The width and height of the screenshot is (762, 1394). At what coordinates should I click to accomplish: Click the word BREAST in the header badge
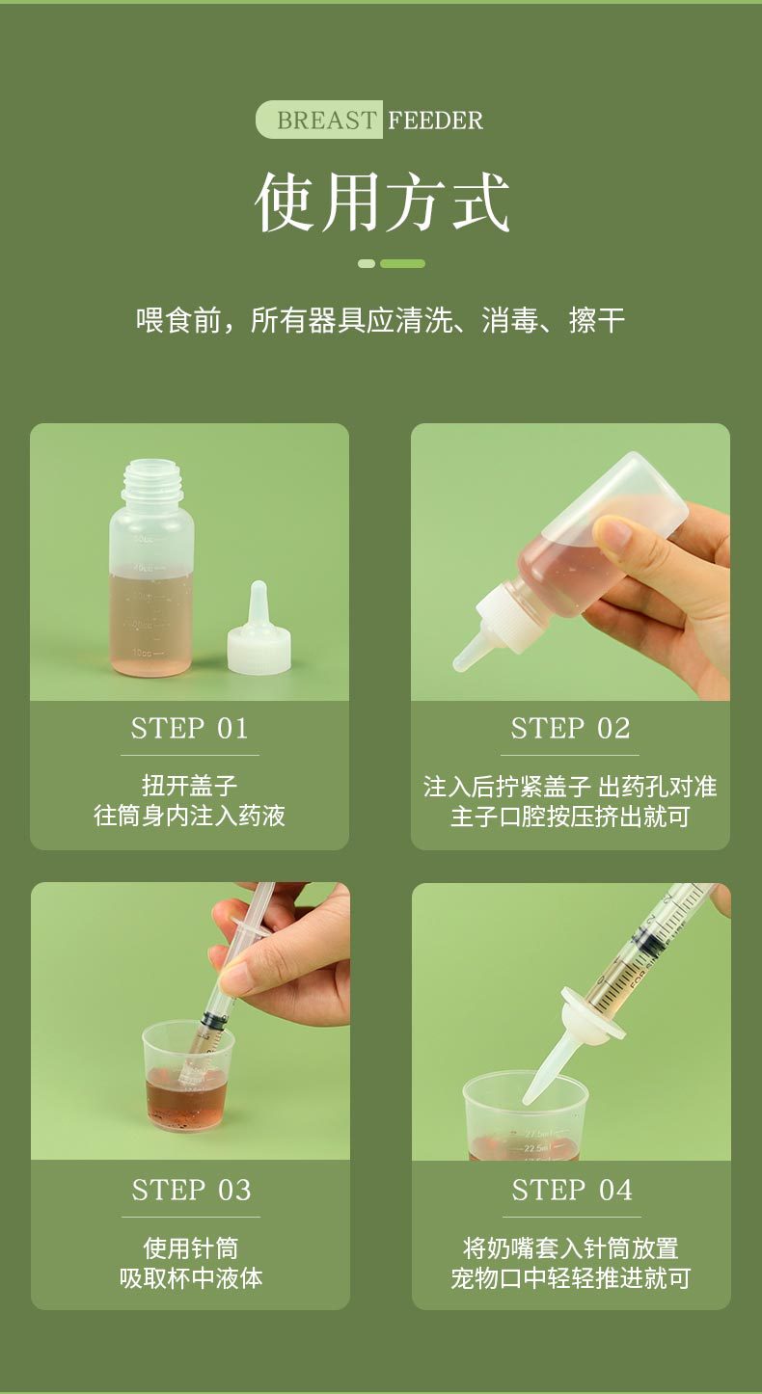coord(327,121)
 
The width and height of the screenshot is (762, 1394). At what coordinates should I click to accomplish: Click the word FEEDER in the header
coord(435,121)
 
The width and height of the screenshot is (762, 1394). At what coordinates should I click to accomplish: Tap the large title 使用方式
coord(382,202)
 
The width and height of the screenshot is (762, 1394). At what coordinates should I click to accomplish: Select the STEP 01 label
coord(189,728)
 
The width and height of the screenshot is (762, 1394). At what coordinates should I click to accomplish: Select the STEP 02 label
coord(570,728)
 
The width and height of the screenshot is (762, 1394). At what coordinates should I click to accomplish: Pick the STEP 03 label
coord(191,1190)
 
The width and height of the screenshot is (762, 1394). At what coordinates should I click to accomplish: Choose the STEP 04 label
coord(571,1190)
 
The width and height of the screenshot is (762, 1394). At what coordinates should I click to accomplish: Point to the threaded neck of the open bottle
coord(150,480)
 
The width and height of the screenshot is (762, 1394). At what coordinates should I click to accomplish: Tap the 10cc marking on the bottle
coord(143,653)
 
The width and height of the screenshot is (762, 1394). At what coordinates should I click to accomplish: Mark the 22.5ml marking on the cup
coord(536,1148)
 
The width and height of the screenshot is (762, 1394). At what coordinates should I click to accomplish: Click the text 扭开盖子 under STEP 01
coord(189,786)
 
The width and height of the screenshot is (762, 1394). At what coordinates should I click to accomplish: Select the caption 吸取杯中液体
coord(191,1277)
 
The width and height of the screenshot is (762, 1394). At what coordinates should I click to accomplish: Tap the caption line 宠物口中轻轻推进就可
coord(571,1277)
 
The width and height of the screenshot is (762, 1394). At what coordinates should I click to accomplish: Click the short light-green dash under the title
coord(367,264)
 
